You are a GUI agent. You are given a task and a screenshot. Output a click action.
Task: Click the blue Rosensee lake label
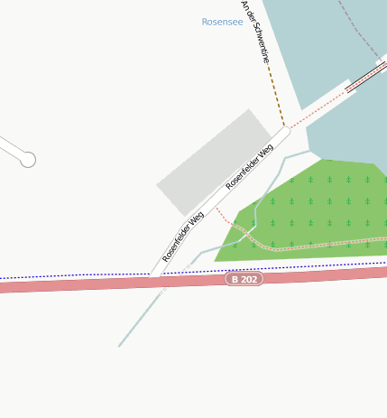(222, 22)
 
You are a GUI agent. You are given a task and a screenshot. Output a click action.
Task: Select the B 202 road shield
(244, 279)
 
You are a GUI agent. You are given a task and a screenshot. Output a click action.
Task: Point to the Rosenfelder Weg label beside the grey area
(250, 166)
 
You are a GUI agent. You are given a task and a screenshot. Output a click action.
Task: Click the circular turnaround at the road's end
(28, 160)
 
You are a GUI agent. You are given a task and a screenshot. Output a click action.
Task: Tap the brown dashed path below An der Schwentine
(276, 95)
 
